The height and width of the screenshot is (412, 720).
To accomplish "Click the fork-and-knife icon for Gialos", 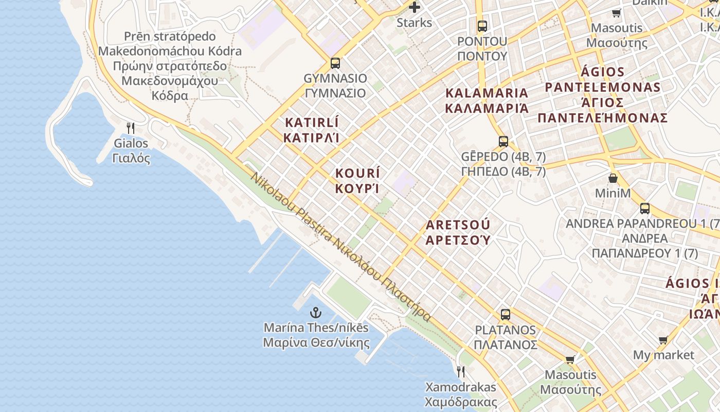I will (131, 128).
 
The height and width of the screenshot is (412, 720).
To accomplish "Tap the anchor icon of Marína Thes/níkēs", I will (315, 312).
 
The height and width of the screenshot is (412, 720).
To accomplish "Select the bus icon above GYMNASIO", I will (335, 63).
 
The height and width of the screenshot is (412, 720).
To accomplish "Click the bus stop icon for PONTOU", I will (482, 26).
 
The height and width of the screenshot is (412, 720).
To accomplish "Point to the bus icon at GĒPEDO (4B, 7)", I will (503, 141).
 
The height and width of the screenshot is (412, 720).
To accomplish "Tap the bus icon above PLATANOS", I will (506, 314).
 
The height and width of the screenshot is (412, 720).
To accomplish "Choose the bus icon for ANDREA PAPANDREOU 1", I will (645, 209).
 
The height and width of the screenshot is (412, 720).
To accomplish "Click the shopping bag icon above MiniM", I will (613, 178).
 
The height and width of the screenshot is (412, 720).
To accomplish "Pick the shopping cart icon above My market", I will (663, 340).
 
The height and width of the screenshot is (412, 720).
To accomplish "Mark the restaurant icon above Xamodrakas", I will (461, 371).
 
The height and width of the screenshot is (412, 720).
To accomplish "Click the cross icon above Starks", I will (414, 7).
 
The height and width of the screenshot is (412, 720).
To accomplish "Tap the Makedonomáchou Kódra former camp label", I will (170, 66).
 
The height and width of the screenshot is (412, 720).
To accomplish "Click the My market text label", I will (663, 355).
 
